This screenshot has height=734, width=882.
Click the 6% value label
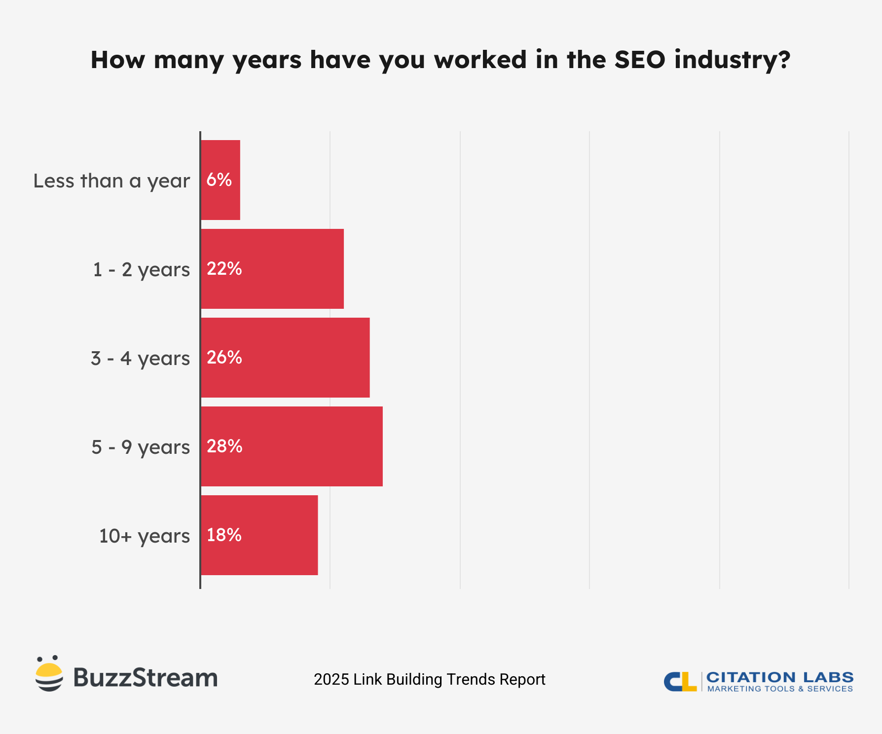(219, 180)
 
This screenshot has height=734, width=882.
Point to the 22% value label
(224, 268)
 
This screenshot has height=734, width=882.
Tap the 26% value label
(224, 357)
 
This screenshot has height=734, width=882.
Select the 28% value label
(224, 446)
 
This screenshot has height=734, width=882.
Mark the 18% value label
(224, 535)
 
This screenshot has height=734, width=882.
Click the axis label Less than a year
(111, 181)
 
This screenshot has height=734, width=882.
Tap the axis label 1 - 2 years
(141, 270)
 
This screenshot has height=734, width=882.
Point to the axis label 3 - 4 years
(140, 359)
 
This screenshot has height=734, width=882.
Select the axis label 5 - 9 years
(141, 447)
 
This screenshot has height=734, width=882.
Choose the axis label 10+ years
(144, 536)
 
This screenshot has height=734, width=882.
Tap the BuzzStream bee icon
(49, 674)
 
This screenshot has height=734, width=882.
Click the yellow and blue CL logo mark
(680, 681)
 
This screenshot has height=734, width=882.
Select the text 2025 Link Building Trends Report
(429, 679)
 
